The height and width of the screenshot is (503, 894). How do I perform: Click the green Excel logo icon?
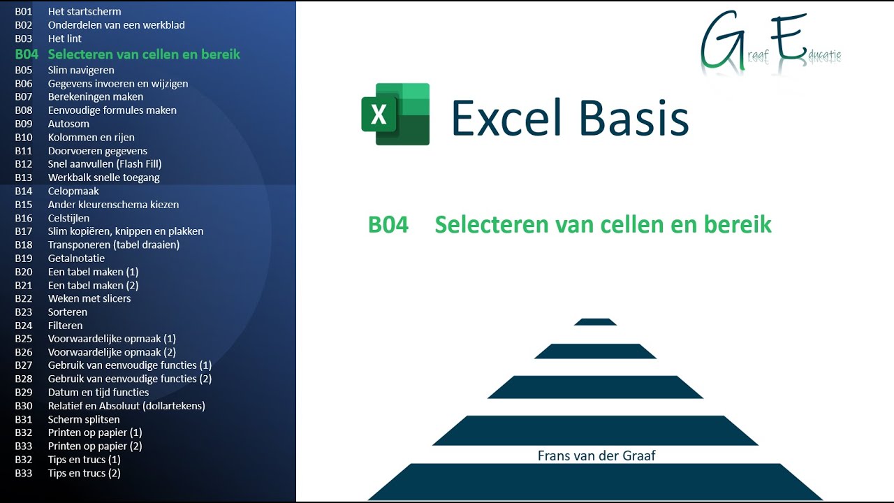(x=395, y=114)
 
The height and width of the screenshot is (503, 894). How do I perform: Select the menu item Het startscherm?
(x=84, y=11)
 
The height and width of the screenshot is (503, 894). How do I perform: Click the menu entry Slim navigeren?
(x=81, y=70)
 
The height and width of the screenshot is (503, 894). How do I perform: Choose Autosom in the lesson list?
(x=68, y=124)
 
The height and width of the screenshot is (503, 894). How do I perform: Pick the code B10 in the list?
(x=24, y=137)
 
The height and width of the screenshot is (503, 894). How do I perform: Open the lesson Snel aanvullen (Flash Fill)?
(x=105, y=164)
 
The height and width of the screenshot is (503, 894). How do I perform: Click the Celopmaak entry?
(x=73, y=191)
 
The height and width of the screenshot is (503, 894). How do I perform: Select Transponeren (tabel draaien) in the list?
(x=113, y=245)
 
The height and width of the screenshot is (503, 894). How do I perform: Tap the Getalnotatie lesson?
(x=76, y=258)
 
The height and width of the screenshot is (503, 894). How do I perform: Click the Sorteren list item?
(x=68, y=312)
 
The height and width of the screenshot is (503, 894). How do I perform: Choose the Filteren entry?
(x=65, y=326)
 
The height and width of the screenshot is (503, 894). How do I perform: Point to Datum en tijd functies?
(x=98, y=393)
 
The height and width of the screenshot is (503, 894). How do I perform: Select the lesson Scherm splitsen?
(x=84, y=420)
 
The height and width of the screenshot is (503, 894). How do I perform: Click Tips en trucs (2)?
(x=84, y=473)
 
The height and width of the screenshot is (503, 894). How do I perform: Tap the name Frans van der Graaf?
(x=596, y=455)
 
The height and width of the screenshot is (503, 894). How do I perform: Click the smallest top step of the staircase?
(x=595, y=322)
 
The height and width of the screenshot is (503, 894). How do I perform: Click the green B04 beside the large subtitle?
(x=388, y=224)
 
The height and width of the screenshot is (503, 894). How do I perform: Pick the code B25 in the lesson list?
(x=24, y=339)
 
